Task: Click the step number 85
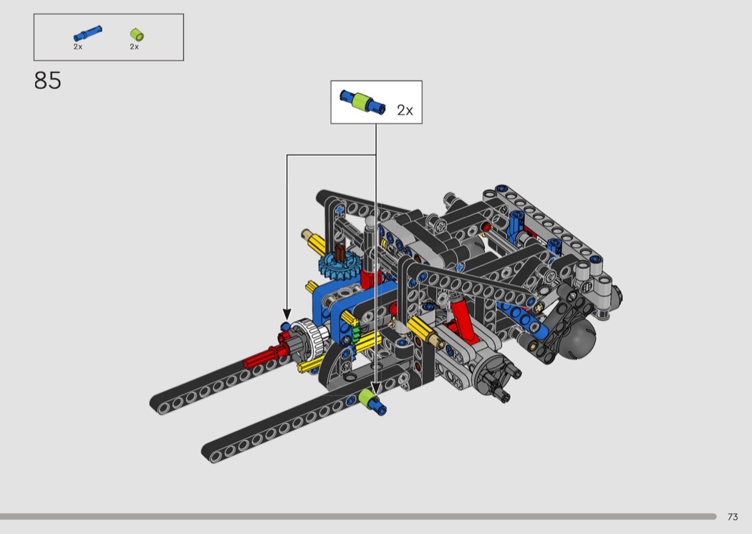47,81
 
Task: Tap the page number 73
733,517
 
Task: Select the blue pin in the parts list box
88,34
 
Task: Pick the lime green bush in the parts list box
138,34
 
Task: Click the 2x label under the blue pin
77,47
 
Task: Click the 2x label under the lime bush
135,47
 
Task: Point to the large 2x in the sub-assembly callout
405,110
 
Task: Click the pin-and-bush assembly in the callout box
362,102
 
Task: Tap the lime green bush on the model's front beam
367,399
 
